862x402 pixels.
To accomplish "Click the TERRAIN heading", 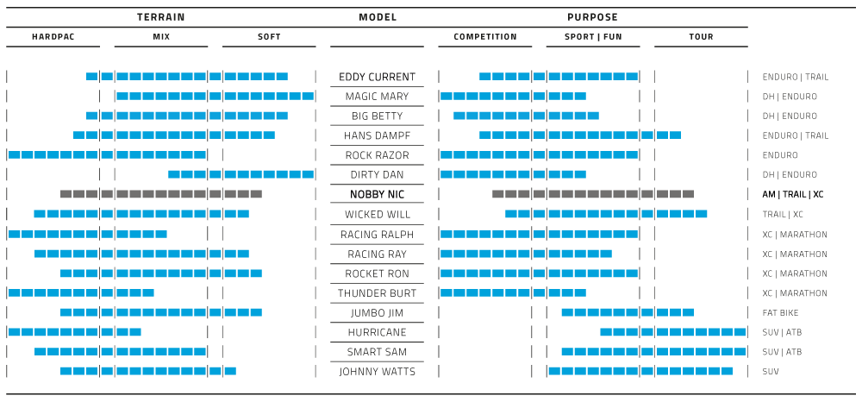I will (x=161, y=17).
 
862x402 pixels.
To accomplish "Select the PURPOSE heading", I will (x=592, y=17).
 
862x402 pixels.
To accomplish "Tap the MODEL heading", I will (x=378, y=17).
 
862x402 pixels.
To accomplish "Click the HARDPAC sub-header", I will (x=53, y=37).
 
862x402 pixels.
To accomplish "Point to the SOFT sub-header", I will (x=269, y=37).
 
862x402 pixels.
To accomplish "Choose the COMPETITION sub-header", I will (x=485, y=37).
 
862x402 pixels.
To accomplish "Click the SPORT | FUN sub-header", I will (x=592, y=37).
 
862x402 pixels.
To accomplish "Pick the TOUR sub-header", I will (x=701, y=37).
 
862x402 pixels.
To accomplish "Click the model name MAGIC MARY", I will (x=377, y=97).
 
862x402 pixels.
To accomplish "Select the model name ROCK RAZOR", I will (x=377, y=155).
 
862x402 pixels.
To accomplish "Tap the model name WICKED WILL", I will (x=377, y=214).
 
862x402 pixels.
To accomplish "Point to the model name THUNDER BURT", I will (x=377, y=293).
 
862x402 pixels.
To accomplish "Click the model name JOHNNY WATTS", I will (x=377, y=372).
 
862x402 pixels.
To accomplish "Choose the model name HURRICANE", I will (x=377, y=332).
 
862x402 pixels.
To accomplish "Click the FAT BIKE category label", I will (x=781, y=312).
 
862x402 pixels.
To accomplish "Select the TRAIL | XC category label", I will (x=784, y=214).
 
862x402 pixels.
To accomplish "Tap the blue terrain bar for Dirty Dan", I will (x=240, y=174).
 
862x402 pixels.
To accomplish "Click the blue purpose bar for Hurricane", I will (x=672, y=332).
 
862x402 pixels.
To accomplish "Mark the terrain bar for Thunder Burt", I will (x=81, y=293).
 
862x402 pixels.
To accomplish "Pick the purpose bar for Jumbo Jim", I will (x=627, y=312).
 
